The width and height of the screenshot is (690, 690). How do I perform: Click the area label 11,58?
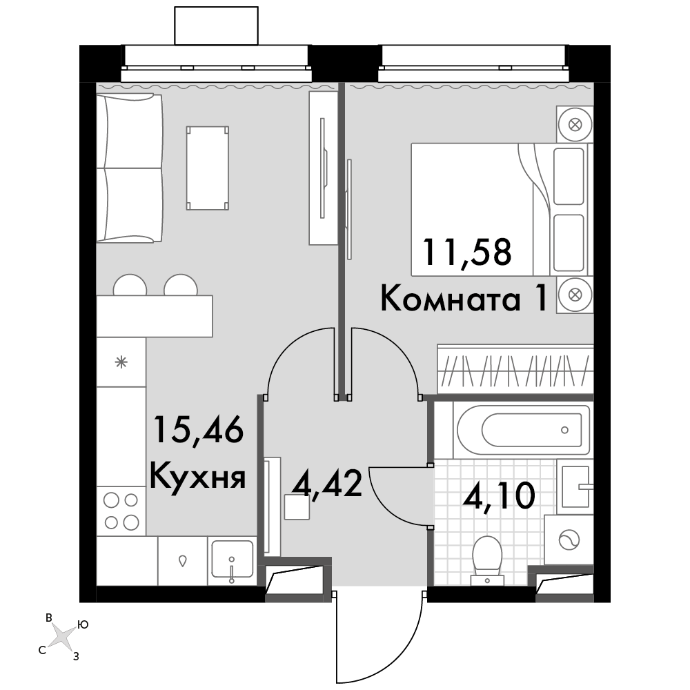[x=467, y=251]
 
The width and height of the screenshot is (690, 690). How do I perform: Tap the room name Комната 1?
[x=464, y=298]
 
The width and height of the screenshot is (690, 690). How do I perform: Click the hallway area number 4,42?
[x=327, y=483]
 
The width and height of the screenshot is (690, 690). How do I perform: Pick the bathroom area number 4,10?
[x=499, y=495]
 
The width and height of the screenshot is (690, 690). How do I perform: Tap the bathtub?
[x=523, y=430]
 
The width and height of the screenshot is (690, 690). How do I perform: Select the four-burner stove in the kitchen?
[x=121, y=511]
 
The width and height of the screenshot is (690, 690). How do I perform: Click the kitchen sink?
[x=232, y=560]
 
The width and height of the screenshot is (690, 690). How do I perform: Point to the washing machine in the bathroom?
[x=569, y=539]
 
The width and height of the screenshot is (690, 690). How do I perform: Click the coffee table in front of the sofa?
[x=207, y=168]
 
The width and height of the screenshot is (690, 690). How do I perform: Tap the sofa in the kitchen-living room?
[x=130, y=168]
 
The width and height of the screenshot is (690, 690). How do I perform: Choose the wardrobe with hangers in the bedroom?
[x=515, y=368]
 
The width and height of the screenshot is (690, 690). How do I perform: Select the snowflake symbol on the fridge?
[x=121, y=363]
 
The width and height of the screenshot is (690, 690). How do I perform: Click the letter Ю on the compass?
[x=83, y=624]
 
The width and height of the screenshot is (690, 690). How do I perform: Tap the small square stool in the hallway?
[x=297, y=507]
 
